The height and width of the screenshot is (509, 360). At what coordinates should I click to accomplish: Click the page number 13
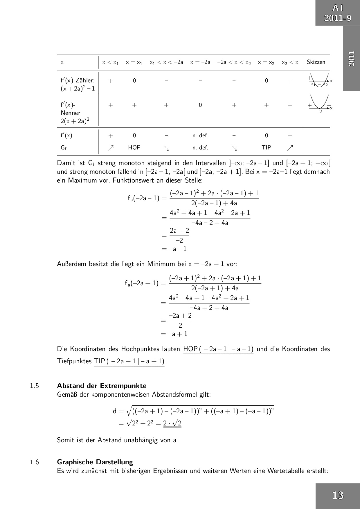(x=338, y=495)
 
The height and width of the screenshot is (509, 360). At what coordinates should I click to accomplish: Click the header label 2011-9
(x=338, y=18)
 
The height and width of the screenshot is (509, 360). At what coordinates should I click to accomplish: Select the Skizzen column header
(x=316, y=62)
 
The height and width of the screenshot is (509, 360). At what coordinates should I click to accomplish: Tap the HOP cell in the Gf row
(x=134, y=147)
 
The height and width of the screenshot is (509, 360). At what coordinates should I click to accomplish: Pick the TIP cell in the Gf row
(x=266, y=147)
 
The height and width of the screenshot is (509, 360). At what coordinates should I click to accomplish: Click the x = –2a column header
(x=200, y=62)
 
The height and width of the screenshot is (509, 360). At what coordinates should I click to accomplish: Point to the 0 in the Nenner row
(x=200, y=105)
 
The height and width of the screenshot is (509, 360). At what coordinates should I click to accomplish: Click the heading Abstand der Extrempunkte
(x=102, y=386)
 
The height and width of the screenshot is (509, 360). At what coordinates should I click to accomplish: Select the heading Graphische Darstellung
(x=95, y=462)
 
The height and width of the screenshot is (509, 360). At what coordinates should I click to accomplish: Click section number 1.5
(x=34, y=386)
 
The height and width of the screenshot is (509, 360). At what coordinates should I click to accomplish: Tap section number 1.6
(x=34, y=462)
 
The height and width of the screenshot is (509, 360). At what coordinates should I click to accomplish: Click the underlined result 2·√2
(x=172, y=423)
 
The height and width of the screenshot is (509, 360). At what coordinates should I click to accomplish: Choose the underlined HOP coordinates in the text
(x=218, y=349)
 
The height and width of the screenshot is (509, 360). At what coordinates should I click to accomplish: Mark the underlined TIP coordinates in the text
(x=129, y=361)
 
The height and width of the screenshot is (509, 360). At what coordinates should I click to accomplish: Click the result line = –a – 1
(x=174, y=249)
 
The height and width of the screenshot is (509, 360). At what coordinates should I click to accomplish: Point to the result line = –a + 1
(x=174, y=334)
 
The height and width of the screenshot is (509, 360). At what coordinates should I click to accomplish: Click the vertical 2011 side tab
(x=351, y=58)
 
